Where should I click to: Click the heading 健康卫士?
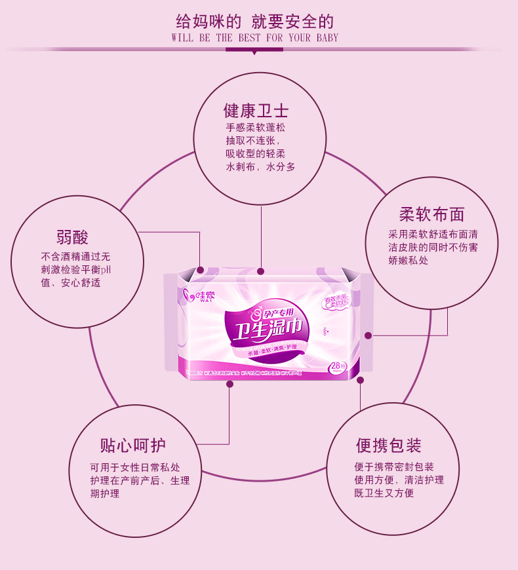(256, 109)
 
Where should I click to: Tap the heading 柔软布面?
(431, 215)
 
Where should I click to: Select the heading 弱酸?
(72, 237)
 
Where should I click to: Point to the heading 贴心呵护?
(132, 446)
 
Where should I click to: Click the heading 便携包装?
(389, 446)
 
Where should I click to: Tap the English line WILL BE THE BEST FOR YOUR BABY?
(255, 38)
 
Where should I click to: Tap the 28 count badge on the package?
(338, 367)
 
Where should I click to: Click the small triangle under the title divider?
(254, 53)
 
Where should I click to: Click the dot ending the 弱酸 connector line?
(201, 269)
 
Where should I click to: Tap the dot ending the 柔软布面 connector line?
(369, 335)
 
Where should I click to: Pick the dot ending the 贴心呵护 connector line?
(229, 384)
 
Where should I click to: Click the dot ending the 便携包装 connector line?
(360, 379)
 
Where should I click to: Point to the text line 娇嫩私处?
(408, 260)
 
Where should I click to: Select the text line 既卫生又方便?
(384, 493)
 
